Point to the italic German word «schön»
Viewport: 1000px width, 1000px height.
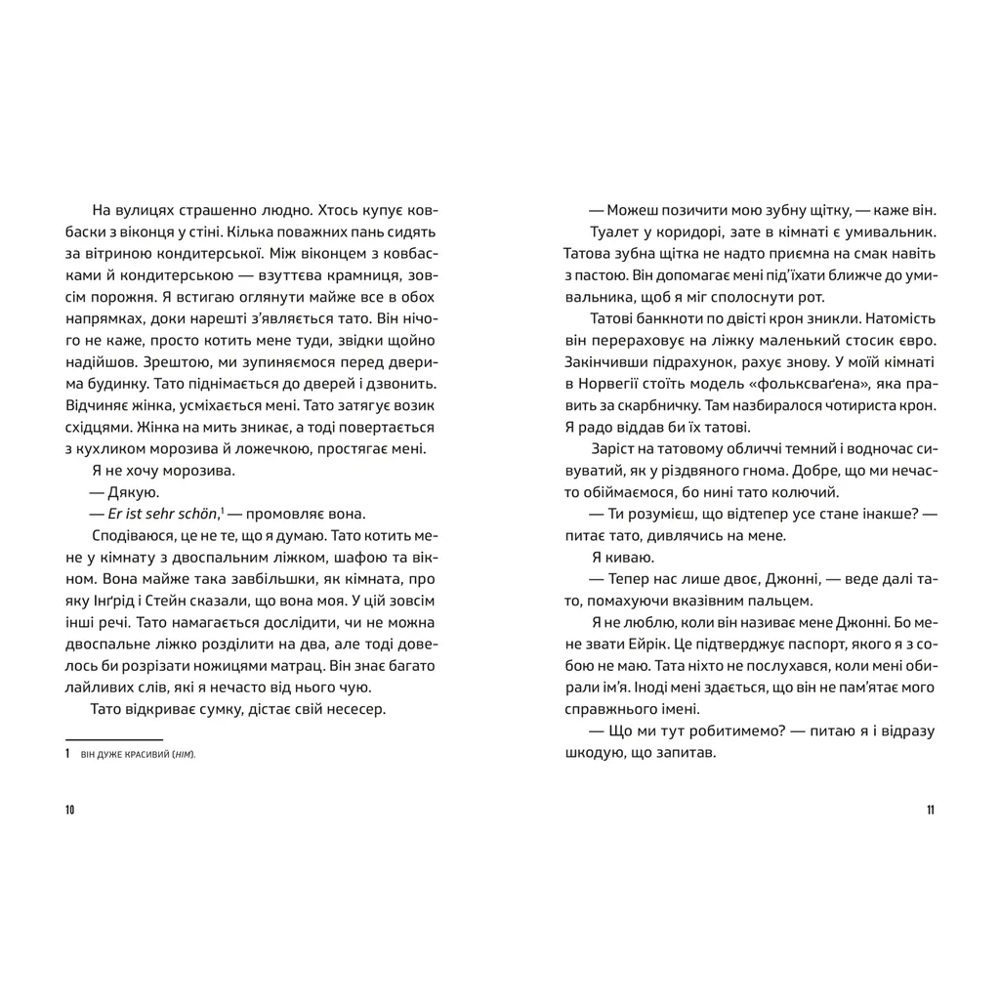(196, 514)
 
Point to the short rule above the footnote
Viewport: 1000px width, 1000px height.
(113, 739)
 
